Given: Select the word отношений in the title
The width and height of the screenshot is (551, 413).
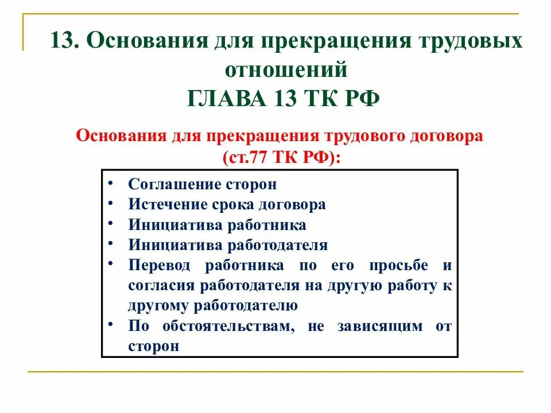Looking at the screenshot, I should coord(285,70).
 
